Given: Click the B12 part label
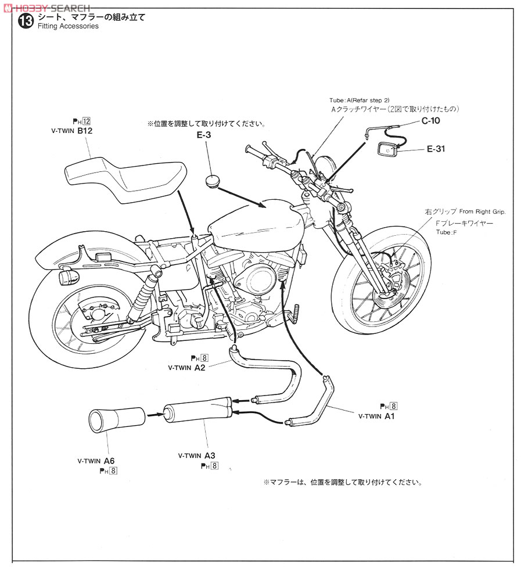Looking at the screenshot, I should [84, 131].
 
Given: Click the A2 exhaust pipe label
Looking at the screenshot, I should [198, 367].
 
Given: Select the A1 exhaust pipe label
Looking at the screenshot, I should [387, 416].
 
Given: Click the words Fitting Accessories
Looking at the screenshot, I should [67, 27].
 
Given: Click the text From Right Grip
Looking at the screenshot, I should [482, 212].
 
